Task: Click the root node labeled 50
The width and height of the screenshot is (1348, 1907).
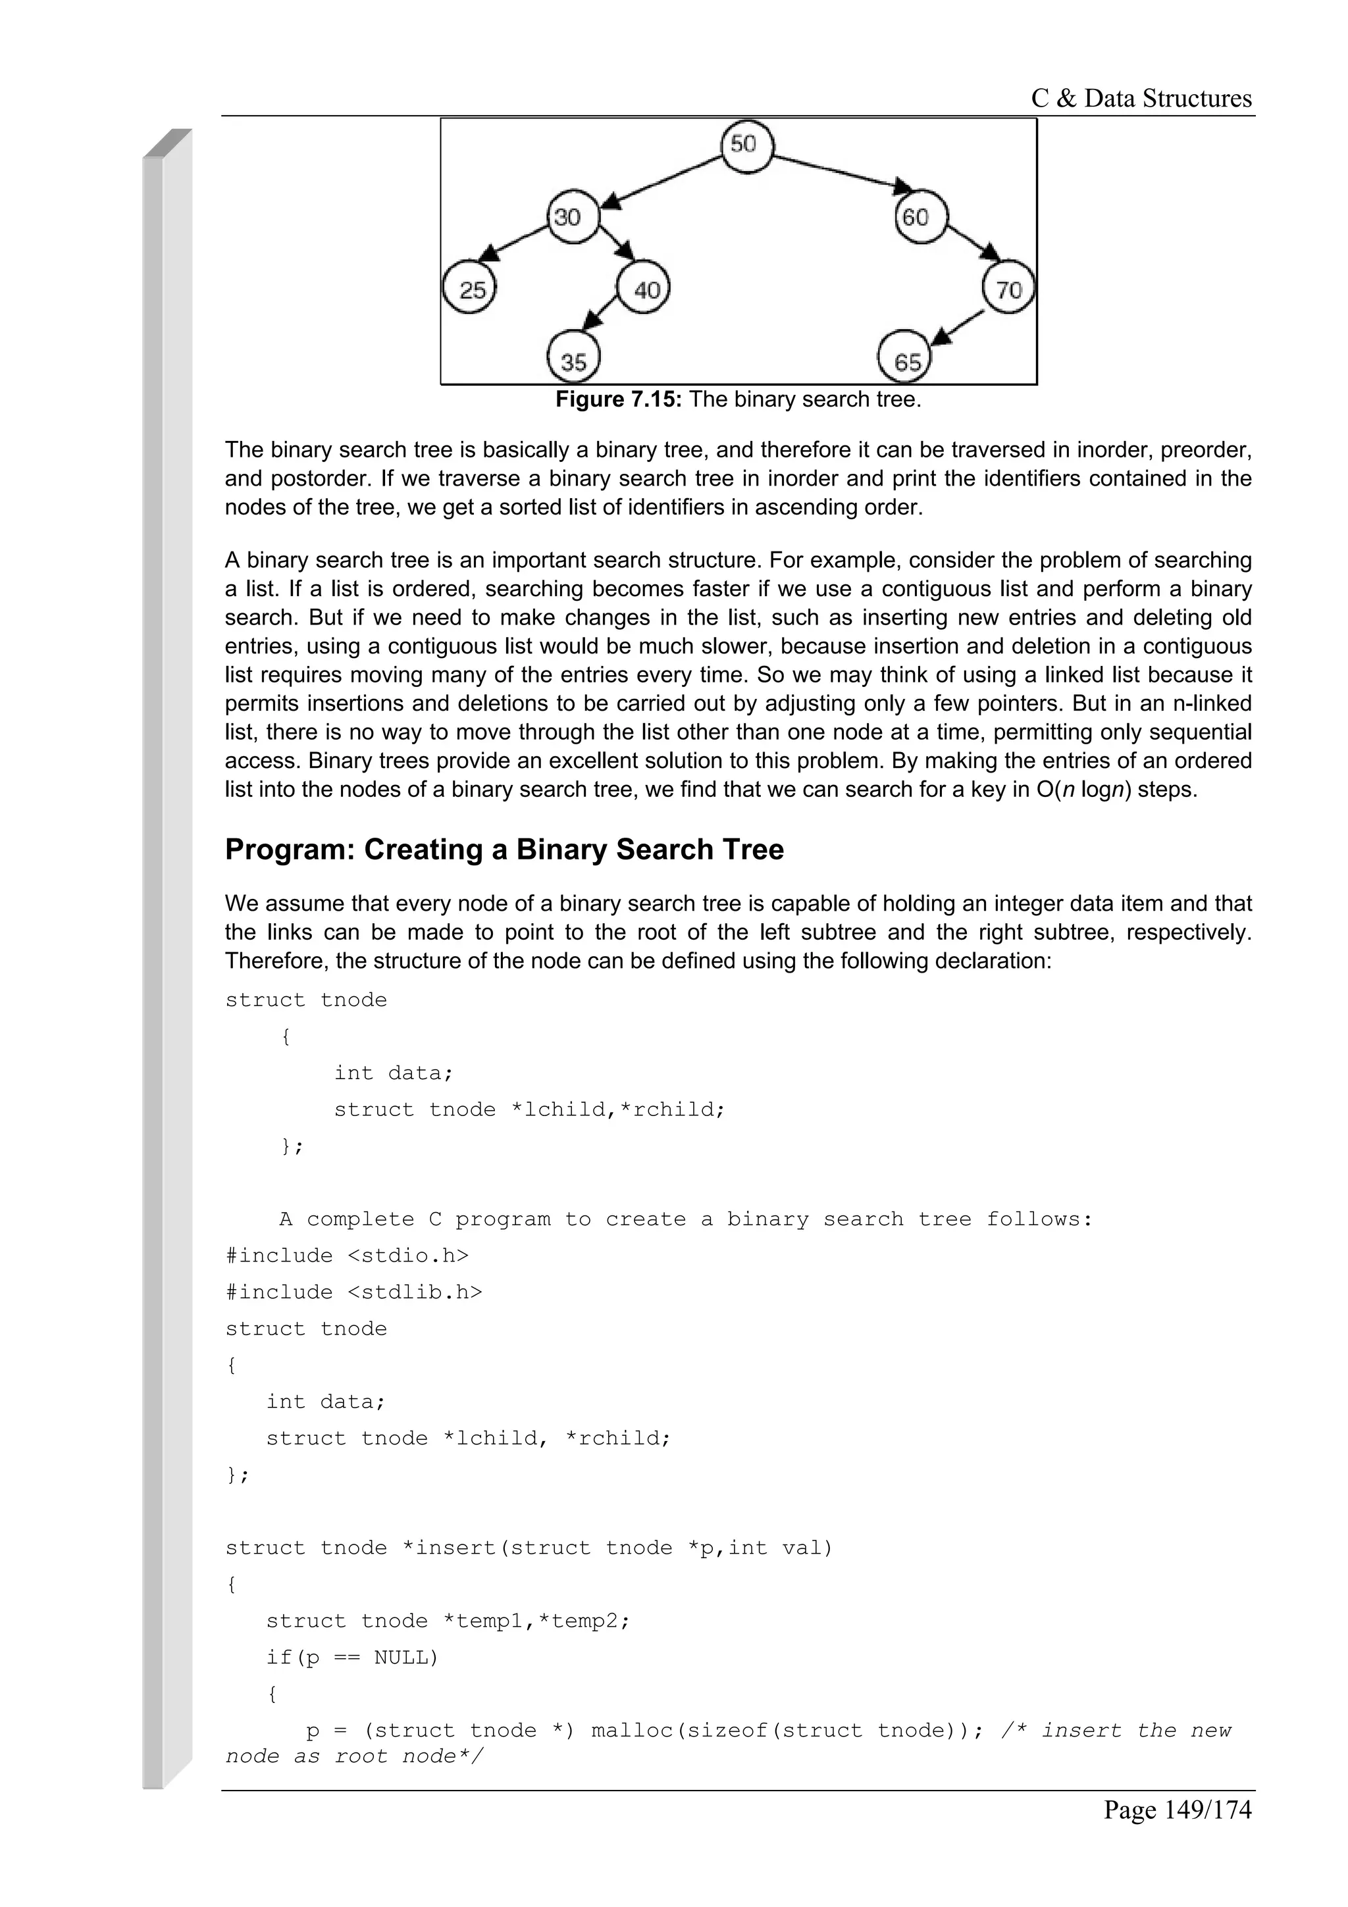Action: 746,146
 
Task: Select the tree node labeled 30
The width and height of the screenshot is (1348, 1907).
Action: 572,218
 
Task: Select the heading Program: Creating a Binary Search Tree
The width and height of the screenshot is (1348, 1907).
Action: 504,850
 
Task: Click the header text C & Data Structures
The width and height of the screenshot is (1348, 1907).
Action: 1141,99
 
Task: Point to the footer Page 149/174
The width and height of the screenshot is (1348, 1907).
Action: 1176,1809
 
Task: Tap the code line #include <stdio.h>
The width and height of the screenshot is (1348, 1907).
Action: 346,1256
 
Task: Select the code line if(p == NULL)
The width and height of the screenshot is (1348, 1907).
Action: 351,1658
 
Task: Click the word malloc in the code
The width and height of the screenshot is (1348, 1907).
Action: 632,1731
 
